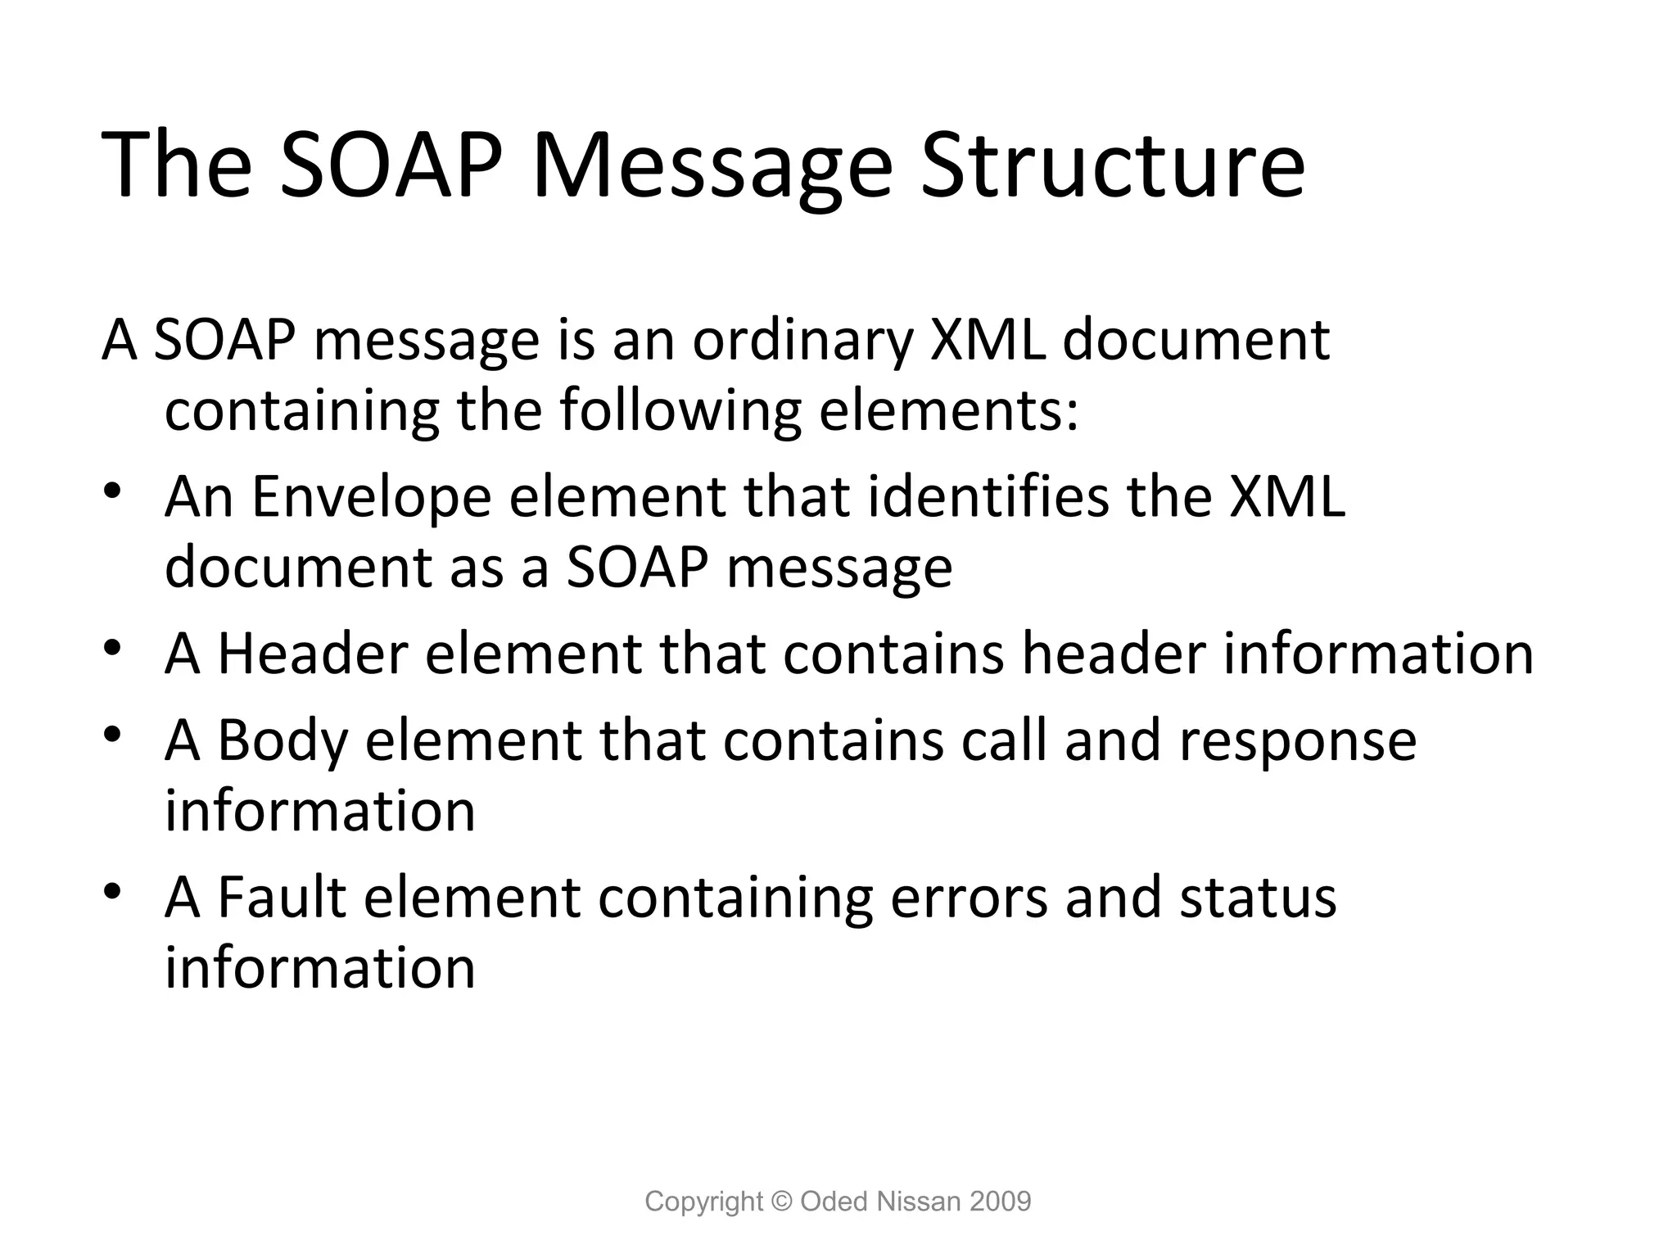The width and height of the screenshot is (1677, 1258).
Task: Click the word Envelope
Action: tap(370, 497)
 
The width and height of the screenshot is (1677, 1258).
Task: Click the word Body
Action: tap(283, 740)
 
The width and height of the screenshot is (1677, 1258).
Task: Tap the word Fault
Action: tap(282, 897)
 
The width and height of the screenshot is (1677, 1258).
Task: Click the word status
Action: tap(1258, 897)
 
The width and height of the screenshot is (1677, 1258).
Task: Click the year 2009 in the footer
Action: tap(1000, 1201)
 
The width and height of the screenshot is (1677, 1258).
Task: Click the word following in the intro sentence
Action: tap(680, 410)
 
